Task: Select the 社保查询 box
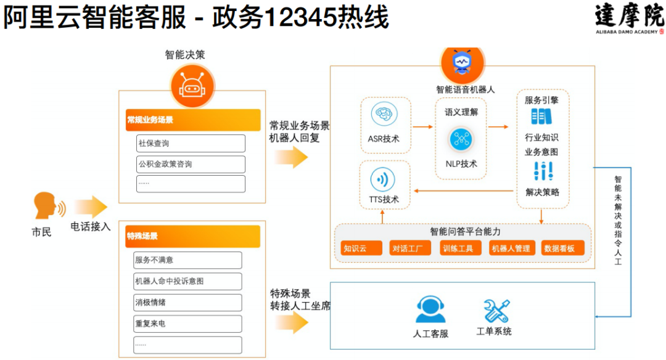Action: click(191, 144)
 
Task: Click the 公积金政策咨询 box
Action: click(191, 165)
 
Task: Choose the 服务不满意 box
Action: click(187, 260)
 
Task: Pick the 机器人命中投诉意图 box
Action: click(187, 281)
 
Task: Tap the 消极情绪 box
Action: click(187, 303)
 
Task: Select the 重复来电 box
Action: click(187, 324)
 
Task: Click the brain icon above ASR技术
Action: click(384, 115)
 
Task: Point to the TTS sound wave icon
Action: click(383, 180)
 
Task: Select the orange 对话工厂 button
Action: click(410, 248)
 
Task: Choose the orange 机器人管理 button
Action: click(510, 248)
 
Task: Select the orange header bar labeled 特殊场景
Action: click(192, 236)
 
